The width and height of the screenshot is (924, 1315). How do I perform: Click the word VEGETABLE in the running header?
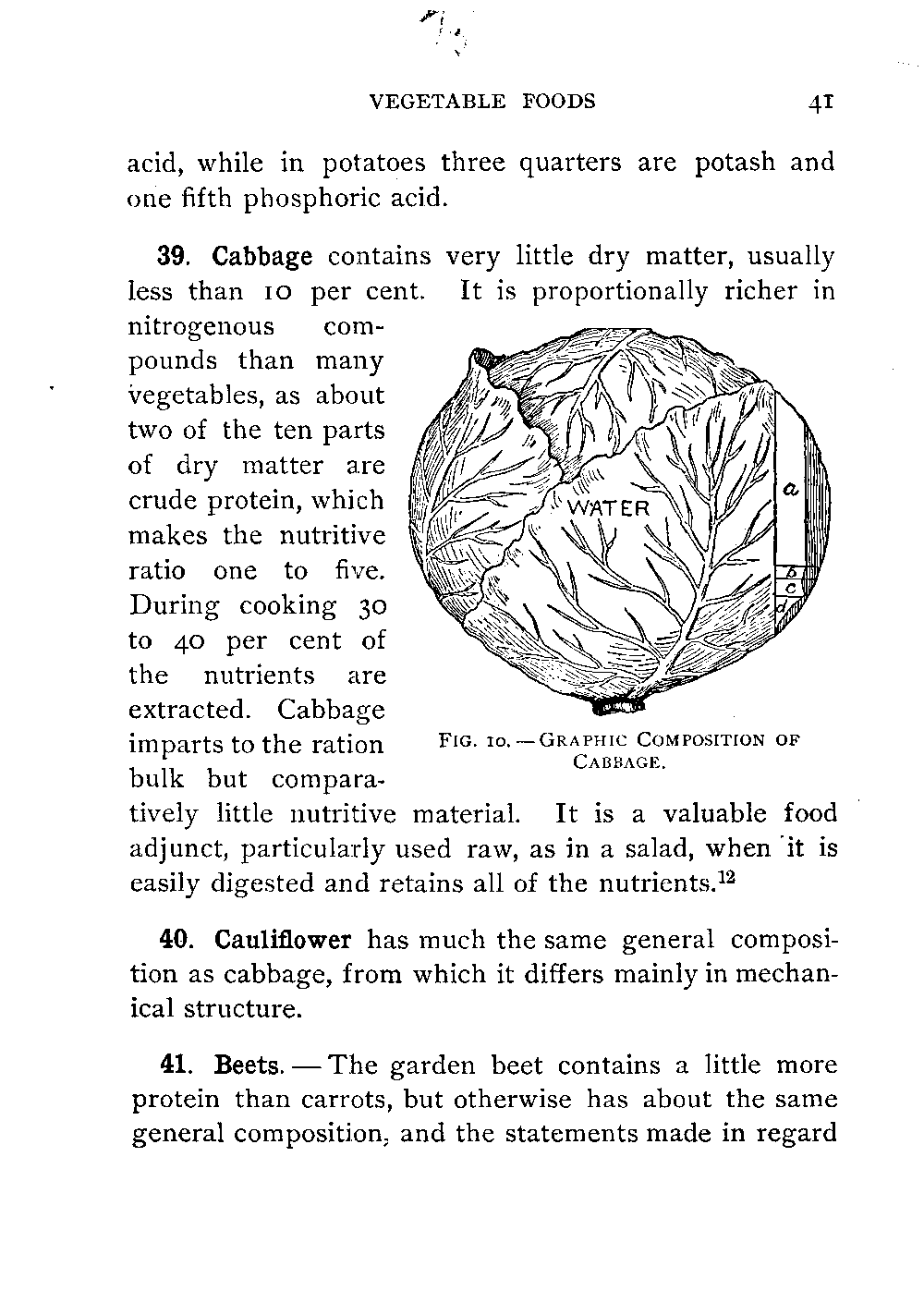437,102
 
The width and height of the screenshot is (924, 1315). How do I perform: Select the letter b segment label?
790,572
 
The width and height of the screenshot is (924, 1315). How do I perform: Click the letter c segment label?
791,588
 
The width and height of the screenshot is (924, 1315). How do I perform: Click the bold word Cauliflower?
283,940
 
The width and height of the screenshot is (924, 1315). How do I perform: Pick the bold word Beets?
247,1065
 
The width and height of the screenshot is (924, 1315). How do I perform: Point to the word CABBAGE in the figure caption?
619,762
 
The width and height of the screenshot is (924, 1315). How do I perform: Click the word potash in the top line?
735,163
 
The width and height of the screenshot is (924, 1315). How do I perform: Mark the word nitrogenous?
201,326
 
